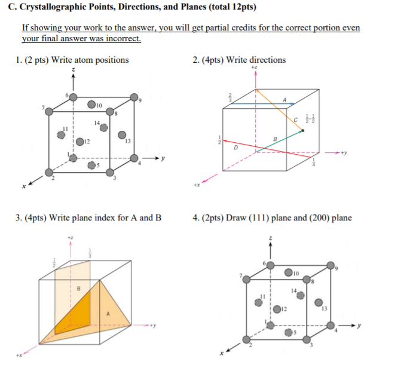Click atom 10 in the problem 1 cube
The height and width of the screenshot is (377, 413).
(x=91, y=105)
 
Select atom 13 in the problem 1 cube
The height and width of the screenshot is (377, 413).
(x=122, y=136)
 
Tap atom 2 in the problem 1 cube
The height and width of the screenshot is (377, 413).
(x=48, y=173)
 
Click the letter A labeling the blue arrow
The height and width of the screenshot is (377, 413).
(x=285, y=100)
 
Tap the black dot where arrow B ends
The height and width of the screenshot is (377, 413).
(x=302, y=130)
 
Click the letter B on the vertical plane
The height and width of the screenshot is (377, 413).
(x=77, y=289)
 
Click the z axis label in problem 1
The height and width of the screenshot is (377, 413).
(x=74, y=71)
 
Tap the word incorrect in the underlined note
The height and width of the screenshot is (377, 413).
(x=124, y=39)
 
